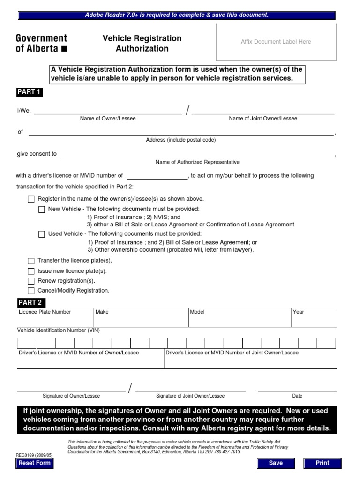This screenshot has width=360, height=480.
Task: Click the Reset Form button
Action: [34, 463]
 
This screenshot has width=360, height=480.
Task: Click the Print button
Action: [322, 463]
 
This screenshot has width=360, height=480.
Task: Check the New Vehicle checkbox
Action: [42, 209]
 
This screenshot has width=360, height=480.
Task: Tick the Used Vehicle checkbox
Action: [42, 234]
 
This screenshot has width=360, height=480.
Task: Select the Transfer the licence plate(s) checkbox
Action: [31, 261]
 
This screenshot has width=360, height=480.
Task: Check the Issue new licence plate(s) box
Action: [31, 271]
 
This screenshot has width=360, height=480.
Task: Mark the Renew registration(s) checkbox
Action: [31, 281]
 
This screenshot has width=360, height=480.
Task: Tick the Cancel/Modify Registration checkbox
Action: [31, 291]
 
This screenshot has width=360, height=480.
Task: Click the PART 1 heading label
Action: [29, 92]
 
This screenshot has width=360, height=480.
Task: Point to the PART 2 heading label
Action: [30, 302]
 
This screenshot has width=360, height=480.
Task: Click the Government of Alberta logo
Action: [41, 43]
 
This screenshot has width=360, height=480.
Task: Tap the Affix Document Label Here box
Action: [276, 42]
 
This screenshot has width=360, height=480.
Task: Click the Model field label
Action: [197, 312]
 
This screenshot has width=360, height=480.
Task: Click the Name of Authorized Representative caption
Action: [197, 162]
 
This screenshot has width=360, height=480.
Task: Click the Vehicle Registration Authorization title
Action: [142, 43]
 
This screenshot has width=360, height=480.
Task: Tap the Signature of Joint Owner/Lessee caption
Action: [190, 396]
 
